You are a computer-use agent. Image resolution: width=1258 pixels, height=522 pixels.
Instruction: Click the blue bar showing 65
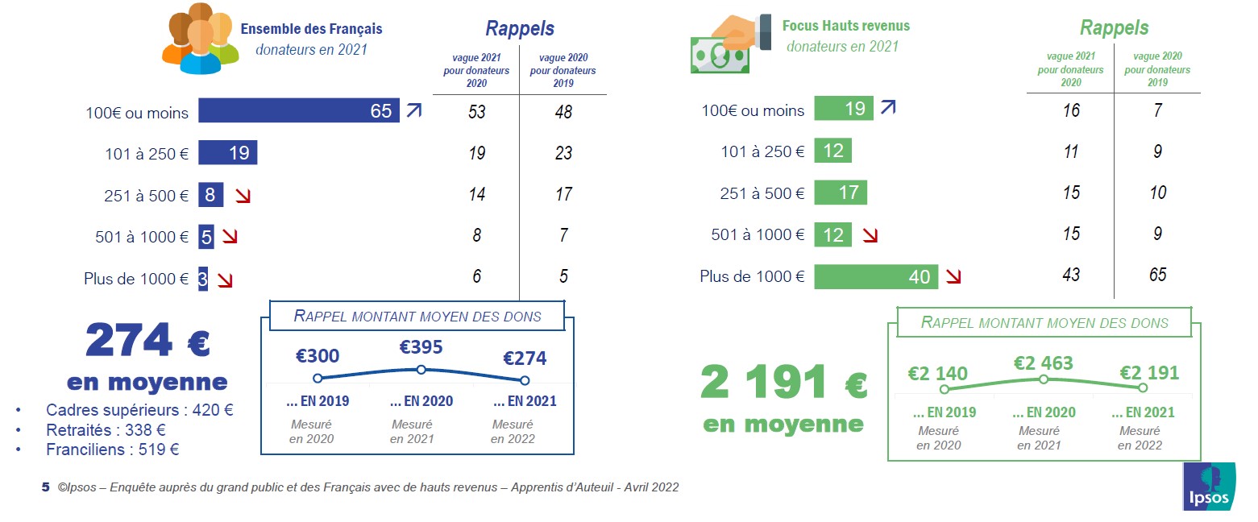pos(298,110)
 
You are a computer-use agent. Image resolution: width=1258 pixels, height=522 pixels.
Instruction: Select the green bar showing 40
pos(876,276)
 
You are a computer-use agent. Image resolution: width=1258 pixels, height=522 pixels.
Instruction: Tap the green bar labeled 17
pos(841,193)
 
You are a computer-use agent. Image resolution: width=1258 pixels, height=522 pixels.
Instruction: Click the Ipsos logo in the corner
pos(1210,487)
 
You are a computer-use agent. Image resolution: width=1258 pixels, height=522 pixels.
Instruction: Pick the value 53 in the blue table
pos(477,111)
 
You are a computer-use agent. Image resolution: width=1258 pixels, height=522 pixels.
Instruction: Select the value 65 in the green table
pos(1157,275)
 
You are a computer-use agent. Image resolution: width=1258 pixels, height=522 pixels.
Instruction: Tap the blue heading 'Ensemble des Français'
pos(311,29)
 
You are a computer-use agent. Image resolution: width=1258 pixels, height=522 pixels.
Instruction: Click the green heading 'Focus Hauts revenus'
pos(845,26)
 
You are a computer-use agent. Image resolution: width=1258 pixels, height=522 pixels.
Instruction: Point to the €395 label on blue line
pos(421,347)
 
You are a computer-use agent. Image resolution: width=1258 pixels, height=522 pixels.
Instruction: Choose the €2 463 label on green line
pos(1043,363)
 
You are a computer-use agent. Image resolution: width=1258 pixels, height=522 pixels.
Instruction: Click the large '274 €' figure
pos(148,342)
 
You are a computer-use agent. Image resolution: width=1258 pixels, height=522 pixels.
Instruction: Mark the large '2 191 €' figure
pos(783,383)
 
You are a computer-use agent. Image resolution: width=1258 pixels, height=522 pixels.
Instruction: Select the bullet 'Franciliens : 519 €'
pos(112,449)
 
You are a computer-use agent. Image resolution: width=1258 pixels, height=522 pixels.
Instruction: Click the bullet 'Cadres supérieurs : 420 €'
pos(139,410)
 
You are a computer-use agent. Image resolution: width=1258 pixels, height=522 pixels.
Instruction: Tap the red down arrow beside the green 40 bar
pos(953,277)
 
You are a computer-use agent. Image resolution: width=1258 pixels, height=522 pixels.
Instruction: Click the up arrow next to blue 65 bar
pos(413,110)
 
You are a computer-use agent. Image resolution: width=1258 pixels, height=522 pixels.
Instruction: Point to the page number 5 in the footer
pos(45,487)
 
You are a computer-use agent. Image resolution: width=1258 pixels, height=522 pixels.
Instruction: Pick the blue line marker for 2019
pos(318,378)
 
